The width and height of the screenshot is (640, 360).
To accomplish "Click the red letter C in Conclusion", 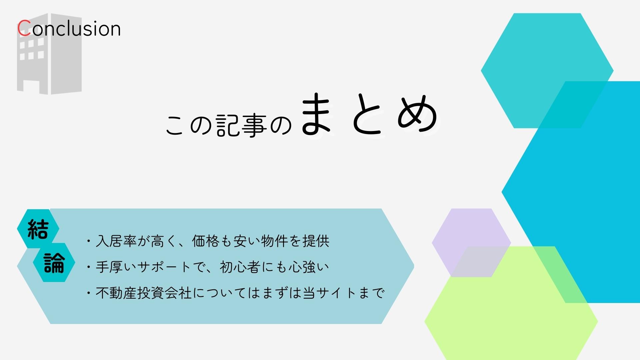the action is click(x=24, y=28).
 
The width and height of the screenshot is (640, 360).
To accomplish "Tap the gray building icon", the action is click(x=49, y=54).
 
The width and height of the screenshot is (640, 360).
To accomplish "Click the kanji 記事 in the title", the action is click(x=242, y=126).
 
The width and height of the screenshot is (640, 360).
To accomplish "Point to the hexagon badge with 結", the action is click(x=38, y=229).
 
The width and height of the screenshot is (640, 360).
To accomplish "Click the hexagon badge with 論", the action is click(x=54, y=263).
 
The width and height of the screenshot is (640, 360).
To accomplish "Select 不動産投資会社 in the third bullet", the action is click(x=144, y=293).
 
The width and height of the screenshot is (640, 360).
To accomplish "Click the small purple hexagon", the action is click(x=471, y=243).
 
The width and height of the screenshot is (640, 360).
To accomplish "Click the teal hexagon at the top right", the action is click(x=547, y=71).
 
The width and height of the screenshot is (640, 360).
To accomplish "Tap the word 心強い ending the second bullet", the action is click(x=309, y=267).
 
